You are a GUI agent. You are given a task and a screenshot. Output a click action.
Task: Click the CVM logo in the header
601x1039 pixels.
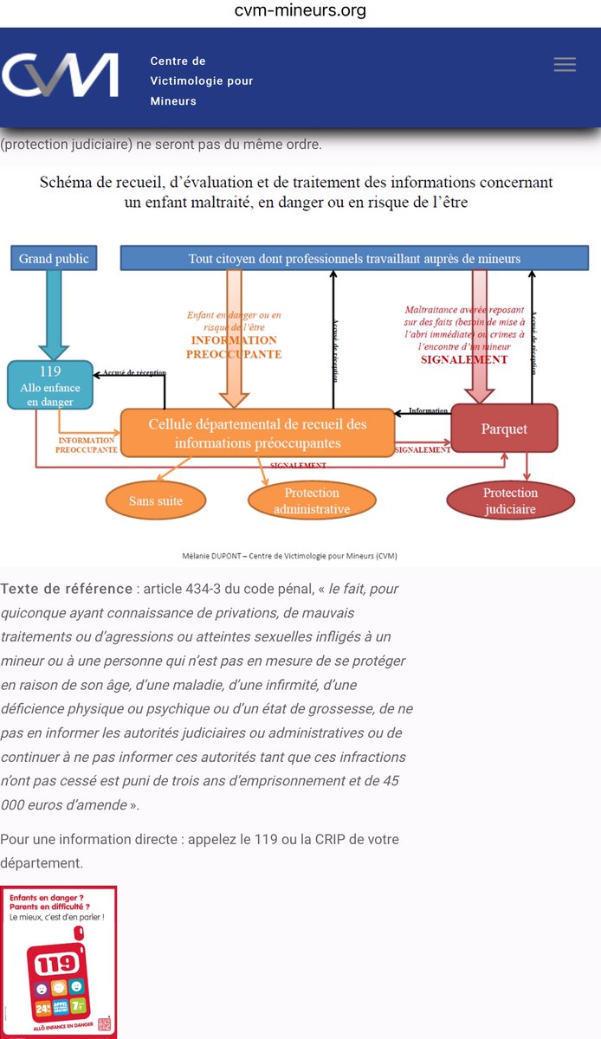pos(61,75)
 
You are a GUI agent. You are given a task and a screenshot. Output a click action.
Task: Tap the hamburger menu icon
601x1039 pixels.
pos(565,65)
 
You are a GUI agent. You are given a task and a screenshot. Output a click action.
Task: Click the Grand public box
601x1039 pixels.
pos(54,258)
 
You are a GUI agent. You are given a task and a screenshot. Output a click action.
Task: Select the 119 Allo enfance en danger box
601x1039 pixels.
pos(49,385)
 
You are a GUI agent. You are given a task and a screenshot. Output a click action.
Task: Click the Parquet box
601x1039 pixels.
pos(505,429)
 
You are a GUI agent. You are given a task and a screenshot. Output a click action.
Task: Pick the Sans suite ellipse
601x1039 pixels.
pos(156,500)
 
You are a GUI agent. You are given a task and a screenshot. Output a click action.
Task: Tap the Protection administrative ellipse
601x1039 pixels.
pos(312,500)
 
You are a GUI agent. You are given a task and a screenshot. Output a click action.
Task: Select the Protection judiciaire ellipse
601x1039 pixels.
pos(510,500)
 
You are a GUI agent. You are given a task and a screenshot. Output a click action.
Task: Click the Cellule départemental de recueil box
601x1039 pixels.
pos(257,433)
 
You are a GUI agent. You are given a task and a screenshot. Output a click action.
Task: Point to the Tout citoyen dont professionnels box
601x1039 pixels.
pos(354,258)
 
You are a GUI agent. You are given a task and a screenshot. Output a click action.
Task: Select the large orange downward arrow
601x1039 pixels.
pos(235,338)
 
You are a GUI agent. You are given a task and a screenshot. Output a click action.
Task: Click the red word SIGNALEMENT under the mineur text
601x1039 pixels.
pos(465,359)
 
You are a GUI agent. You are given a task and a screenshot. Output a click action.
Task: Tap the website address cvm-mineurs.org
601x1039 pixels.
pos(300,10)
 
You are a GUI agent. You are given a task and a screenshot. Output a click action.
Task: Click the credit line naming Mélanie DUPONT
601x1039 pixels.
pos(300,555)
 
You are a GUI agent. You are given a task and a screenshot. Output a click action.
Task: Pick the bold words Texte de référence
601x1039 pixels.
pos(67,589)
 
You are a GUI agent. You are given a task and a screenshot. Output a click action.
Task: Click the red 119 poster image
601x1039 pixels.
pos(59,961)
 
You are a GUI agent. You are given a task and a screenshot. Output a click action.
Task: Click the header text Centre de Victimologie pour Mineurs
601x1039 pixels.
pos(202,81)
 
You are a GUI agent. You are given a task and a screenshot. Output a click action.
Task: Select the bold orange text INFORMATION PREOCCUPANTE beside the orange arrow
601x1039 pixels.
pos(235,346)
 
